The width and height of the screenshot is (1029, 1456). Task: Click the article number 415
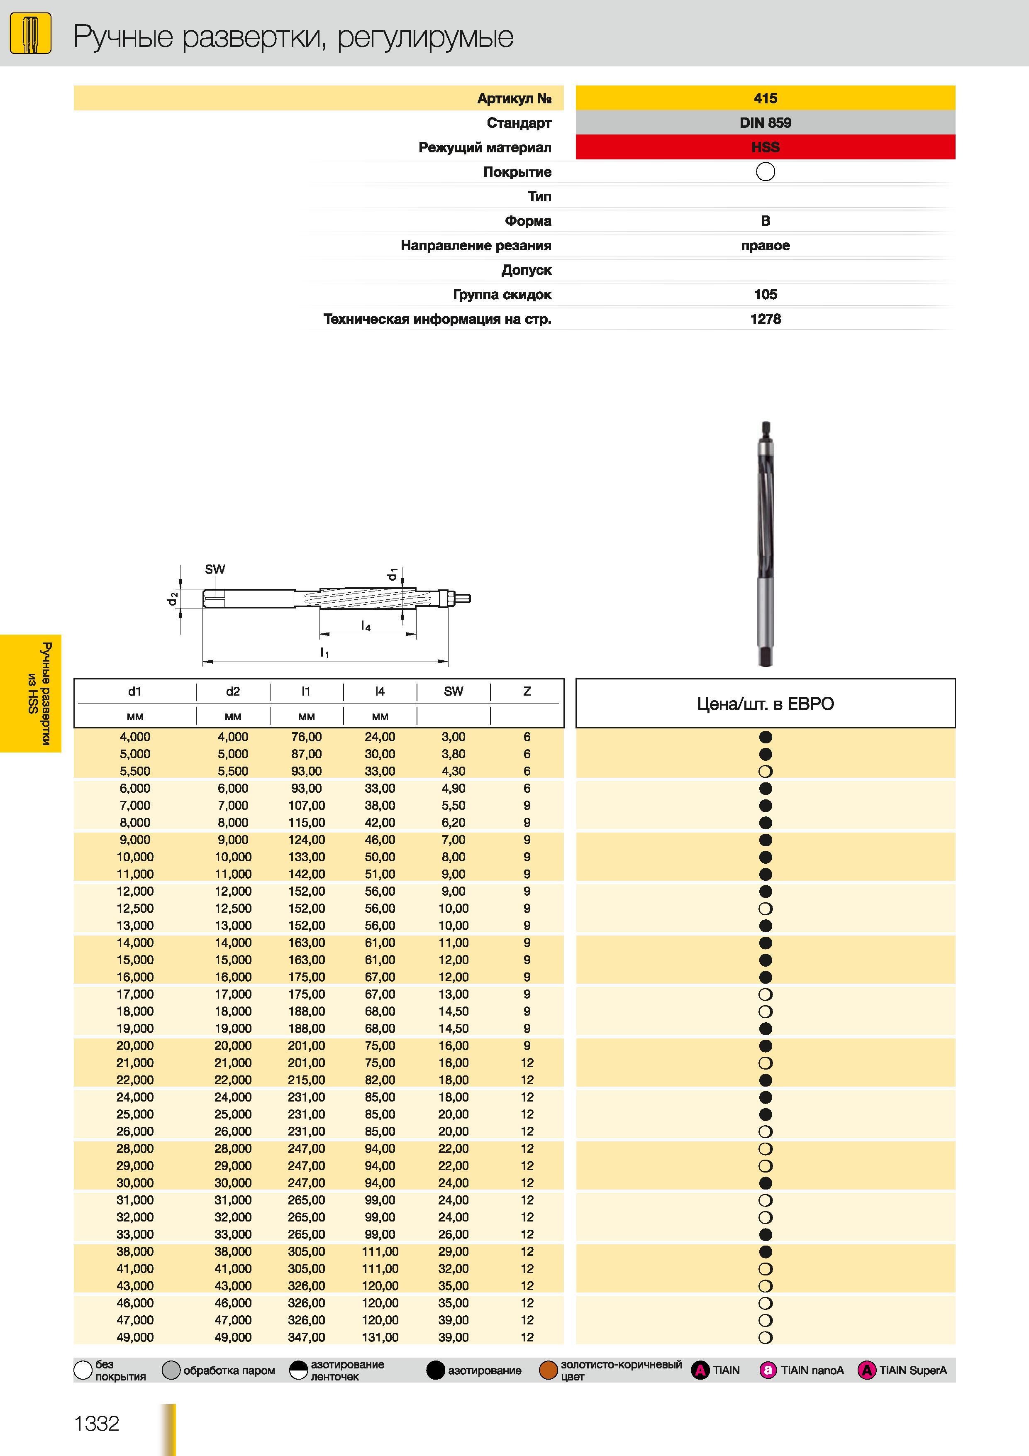coord(765,98)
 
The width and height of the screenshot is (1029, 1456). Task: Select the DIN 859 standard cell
coord(765,122)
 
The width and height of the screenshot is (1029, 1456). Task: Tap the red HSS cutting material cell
coord(765,147)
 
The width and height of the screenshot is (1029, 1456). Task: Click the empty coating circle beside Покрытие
coord(765,171)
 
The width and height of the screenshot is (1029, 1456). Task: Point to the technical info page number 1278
coord(765,319)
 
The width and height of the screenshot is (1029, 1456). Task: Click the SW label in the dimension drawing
coord(215,569)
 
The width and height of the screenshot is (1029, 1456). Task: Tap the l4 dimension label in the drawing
coord(366,626)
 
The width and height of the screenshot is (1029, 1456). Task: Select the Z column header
coord(527,691)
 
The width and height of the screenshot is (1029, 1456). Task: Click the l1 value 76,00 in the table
coord(307,737)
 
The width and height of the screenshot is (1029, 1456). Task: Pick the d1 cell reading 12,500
coord(135,908)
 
